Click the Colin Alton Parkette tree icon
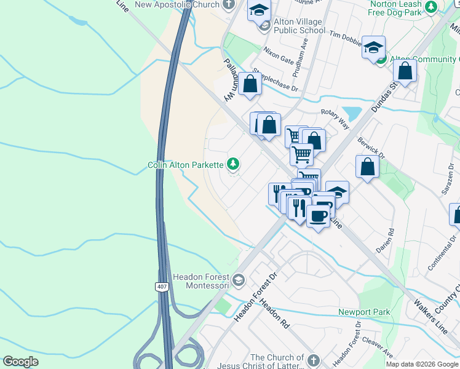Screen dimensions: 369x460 click(233, 164)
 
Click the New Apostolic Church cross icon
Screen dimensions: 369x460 click(229, 5)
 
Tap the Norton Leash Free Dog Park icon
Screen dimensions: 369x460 click(431, 7)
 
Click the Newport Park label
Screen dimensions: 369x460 click(364, 312)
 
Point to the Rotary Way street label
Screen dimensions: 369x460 click(335, 119)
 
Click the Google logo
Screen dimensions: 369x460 click(20, 362)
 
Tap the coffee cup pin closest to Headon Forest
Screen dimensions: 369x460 click(318, 216)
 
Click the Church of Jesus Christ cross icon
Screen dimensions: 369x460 click(314, 360)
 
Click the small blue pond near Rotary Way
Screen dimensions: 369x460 click(351, 114)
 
